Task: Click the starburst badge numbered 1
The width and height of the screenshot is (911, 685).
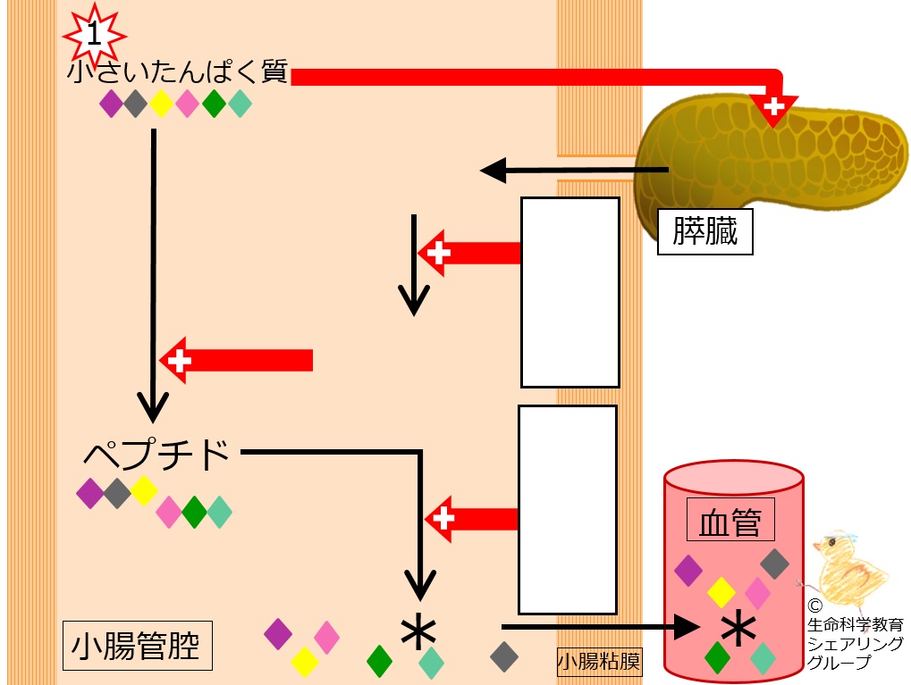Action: tap(94, 34)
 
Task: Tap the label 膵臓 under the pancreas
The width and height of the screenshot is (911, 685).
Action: tap(704, 231)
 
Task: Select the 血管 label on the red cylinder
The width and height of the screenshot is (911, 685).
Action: tap(730, 520)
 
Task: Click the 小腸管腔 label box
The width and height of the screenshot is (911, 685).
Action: tap(137, 646)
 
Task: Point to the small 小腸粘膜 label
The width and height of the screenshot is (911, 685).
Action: tap(599, 662)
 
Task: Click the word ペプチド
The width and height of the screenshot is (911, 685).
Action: tap(156, 454)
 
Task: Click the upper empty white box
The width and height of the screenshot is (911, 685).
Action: tap(570, 293)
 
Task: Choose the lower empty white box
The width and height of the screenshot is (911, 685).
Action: tap(567, 510)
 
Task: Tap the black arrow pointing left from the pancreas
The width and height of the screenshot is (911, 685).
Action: tap(574, 170)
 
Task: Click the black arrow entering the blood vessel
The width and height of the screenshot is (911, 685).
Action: tap(601, 627)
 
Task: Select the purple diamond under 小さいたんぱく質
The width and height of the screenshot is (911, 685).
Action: tap(111, 104)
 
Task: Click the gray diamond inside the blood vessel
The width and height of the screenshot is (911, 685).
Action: tap(774, 564)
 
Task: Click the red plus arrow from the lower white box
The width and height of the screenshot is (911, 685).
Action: tap(471, 519)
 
